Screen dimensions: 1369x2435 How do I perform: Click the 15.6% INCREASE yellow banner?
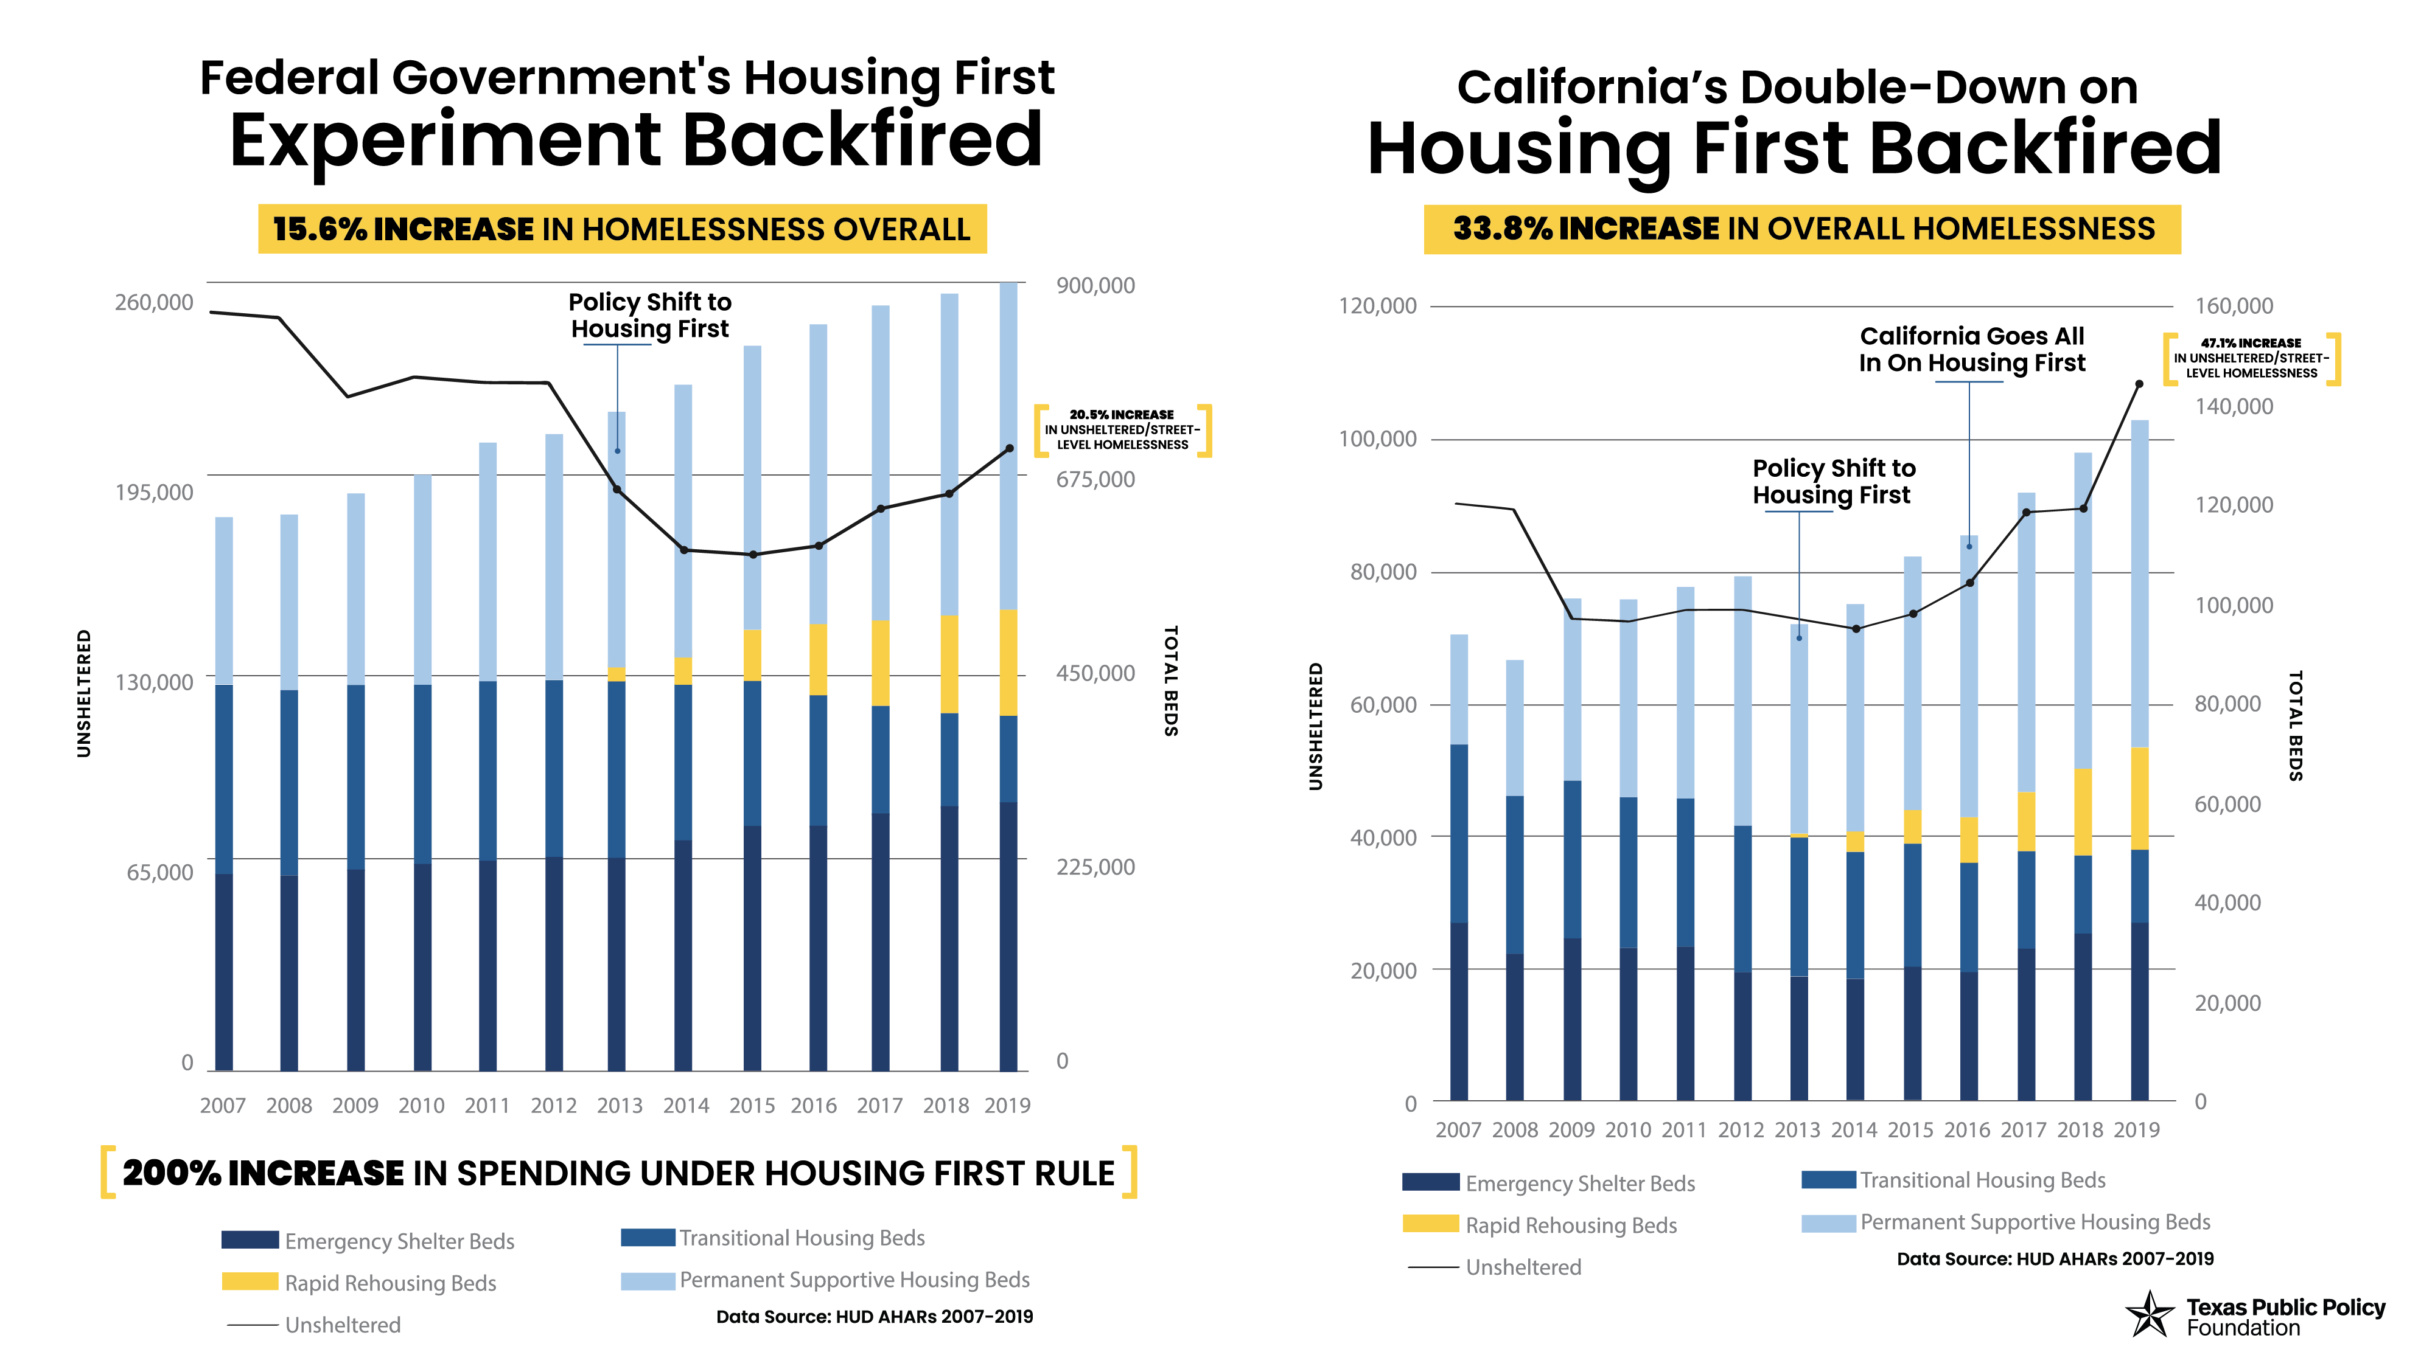[622, 229]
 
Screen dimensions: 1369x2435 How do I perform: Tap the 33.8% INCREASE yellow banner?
[1801, 229]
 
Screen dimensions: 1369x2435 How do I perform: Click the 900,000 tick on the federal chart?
[1095, 285]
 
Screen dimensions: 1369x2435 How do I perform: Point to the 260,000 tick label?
[153, 302]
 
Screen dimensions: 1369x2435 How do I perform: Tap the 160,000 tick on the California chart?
[2234, 306]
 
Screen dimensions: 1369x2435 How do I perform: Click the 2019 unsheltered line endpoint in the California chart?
[2139, 384]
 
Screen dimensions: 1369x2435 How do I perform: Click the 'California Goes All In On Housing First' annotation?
[1972, 350]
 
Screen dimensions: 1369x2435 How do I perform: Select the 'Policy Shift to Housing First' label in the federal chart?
[649, 316]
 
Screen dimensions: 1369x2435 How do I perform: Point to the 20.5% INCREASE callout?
[1122, 430]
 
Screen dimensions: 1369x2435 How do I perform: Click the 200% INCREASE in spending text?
[618, 1173]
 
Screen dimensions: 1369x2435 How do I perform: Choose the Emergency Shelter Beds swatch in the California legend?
[1430, 1182]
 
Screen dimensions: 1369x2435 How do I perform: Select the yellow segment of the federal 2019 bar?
[1008, 662]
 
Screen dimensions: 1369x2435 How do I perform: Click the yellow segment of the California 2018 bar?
[2083, 811]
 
